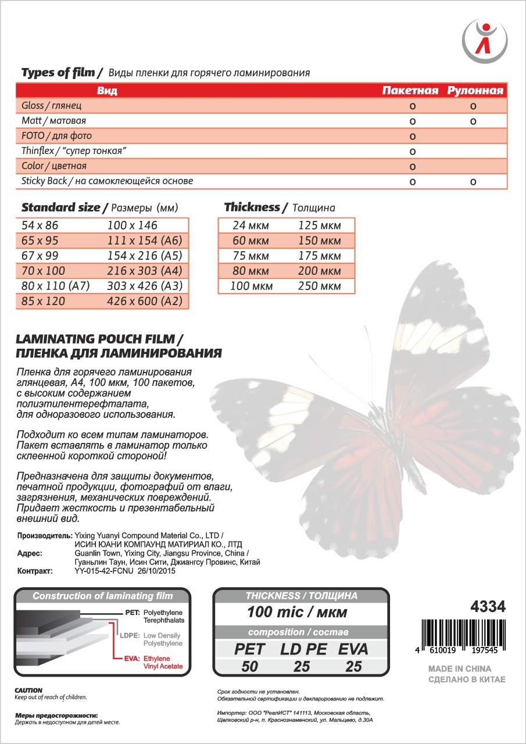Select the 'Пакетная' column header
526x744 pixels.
(x=410, y=91)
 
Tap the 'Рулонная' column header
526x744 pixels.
(x=475, y=91)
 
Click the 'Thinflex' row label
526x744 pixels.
(x=74, y=151)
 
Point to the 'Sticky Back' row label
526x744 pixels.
(x=107, y=181)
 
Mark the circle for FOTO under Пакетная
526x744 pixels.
(x=412, y=137)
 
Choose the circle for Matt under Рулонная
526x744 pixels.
(x=474, y=121)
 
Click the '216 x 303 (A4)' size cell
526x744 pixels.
(x=145, y=270)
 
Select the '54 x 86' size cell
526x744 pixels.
(x=40, y=225)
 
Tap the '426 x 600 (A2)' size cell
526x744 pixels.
(x=145, y=301)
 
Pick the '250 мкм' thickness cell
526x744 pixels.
(x=319, y=286)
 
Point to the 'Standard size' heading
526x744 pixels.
(x=65, y=208)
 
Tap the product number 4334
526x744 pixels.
(x=487, y=607)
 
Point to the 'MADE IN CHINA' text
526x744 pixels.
(x=459, y=668)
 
